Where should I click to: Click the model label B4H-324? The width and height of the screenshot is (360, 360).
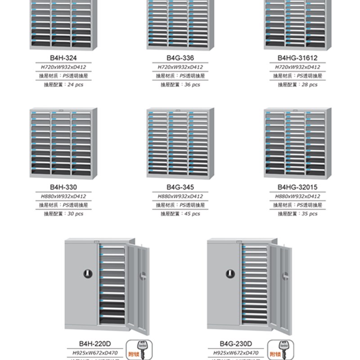61,58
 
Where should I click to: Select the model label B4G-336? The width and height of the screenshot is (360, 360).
180,58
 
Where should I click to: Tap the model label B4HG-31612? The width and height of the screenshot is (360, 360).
297,58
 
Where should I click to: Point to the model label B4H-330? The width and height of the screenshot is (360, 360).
61,188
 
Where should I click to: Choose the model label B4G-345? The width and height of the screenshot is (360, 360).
180,188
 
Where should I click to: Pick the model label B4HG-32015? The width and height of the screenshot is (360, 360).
297,188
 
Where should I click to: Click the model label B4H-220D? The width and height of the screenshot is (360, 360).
96,345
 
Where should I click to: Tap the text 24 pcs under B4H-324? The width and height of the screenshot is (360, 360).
71,84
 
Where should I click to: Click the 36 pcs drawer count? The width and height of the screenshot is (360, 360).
189,84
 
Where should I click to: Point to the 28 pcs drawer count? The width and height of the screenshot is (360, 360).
307,84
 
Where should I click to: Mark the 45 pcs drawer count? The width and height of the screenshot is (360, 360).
189,214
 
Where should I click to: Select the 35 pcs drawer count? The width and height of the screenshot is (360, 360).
307,214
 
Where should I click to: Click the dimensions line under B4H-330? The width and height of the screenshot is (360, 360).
63,196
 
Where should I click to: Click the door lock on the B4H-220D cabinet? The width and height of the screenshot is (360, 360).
87,273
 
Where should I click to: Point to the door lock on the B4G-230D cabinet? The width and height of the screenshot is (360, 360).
229,273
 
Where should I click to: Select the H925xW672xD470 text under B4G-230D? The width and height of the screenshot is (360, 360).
236,353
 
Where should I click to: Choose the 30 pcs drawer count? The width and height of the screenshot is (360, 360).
71,214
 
